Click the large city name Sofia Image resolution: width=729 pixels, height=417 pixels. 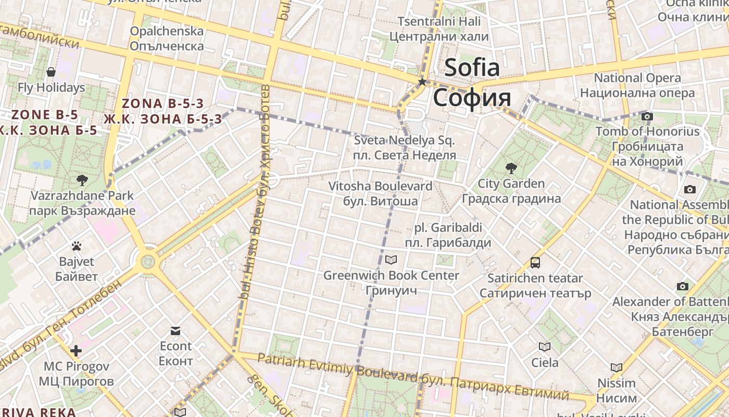click(472, 68)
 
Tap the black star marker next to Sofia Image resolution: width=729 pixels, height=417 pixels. click(422, 82)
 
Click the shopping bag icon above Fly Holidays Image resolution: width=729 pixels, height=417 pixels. click(51, 71)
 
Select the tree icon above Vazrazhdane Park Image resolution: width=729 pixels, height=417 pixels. click(82, 180)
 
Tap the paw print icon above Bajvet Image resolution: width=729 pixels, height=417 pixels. click(77, 246)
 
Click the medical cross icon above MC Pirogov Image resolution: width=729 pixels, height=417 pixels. click(76, 351)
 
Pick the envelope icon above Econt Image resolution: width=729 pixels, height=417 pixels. click(175, 331)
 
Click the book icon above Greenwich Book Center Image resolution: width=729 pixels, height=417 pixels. click(391, 259)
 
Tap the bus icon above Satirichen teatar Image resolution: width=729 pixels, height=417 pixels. click(535, 262)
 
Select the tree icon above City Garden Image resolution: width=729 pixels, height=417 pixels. click(511, 168)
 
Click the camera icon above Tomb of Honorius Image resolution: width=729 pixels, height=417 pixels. click(647, 116)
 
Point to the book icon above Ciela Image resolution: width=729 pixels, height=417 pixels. click(545, 347)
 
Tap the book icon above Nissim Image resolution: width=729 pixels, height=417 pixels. click(617, 367)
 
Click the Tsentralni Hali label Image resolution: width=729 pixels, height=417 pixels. click(439, 21)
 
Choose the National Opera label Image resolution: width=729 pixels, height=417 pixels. click(637, 78)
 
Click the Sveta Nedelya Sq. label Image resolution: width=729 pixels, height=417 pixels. click(405, 141)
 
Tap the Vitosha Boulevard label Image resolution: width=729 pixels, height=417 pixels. click(380, 186)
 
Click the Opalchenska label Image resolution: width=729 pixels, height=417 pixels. click(167, 31)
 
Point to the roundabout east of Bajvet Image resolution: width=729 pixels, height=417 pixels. click(148, 259)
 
